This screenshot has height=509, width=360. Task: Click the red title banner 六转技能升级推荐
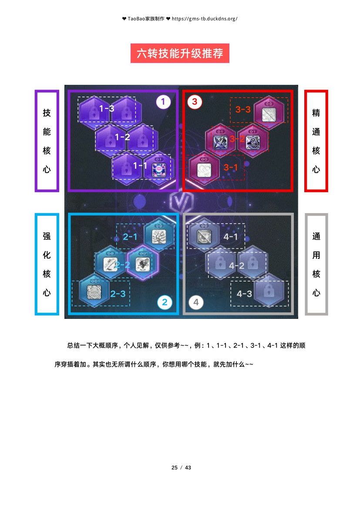180,53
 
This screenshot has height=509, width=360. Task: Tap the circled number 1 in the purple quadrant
163,102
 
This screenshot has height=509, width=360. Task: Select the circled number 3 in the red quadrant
195,102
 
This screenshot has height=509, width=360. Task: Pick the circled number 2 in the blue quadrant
165,302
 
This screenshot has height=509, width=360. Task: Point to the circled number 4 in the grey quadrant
196,302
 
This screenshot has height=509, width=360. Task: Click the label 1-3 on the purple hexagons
107,108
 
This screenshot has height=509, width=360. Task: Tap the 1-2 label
122,137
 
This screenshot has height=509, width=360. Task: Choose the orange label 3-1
231,167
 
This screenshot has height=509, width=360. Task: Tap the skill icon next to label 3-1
204,170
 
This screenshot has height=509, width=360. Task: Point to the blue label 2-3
118,294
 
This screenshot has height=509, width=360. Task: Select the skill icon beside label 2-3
94,291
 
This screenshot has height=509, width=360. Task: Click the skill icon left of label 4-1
204,237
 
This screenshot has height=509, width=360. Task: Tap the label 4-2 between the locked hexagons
236,265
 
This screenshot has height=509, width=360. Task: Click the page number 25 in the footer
175,467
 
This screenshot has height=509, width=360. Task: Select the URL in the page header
205,19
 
